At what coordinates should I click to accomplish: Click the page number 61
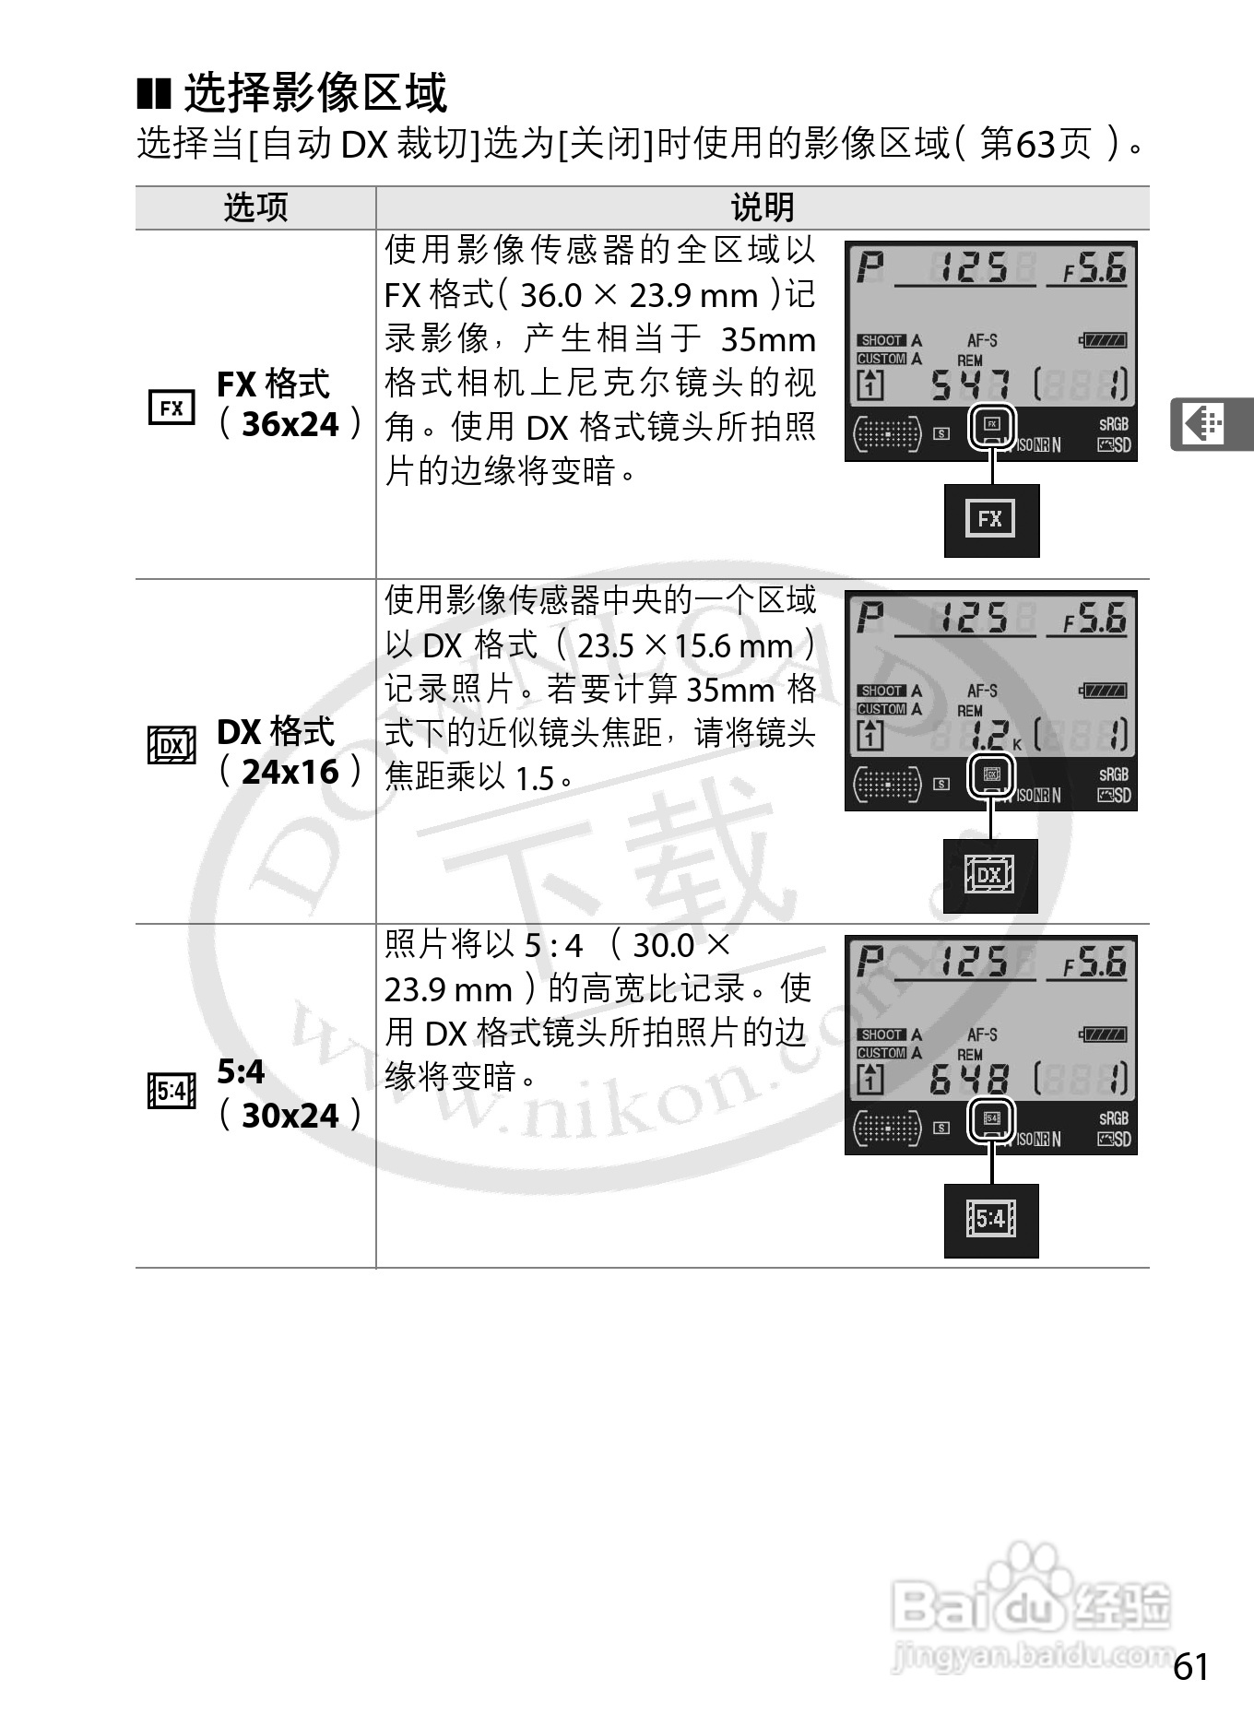tap(1190, 1667)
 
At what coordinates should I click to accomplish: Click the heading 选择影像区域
tap(315, 92)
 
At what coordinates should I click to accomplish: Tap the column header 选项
tap(255, 207)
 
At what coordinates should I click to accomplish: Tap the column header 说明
tap(762, 207)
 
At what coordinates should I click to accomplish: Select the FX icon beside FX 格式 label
tap(172, 408)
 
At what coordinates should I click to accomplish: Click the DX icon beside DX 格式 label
tap(172, 745)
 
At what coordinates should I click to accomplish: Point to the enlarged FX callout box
tap(991, 520)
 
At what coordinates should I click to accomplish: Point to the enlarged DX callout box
tap(989, 875)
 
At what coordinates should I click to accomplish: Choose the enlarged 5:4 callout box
tap(991, 1220)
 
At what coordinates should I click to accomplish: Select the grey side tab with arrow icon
tap(1210, 424)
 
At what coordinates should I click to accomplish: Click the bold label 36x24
tap(290, 424)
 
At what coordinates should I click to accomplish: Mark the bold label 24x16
tap(290, 772)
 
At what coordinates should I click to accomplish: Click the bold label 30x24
tap(290, 1116)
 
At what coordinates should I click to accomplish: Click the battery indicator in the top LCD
tap(1103, 341)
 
